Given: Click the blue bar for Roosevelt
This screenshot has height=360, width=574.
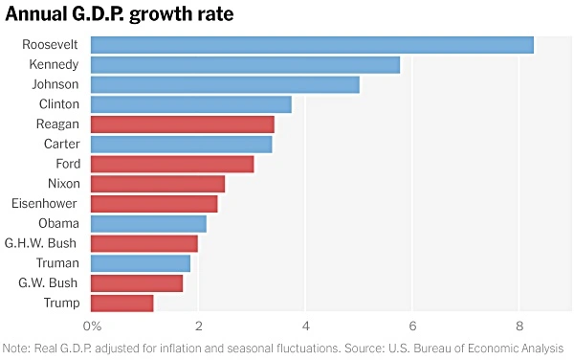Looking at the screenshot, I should coord(312,45).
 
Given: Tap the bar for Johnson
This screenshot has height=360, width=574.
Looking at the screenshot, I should coord(225,84).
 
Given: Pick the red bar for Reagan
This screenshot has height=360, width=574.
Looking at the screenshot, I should coord(183,124).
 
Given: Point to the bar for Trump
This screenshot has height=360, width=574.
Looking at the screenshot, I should coord(121,304).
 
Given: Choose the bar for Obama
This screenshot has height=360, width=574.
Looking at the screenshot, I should coord(148,223).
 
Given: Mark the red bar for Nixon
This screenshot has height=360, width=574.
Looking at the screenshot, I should coord(158,183).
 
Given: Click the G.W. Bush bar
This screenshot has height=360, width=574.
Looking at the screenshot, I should coord(137,283).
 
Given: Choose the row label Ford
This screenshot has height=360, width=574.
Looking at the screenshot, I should coord(67,164).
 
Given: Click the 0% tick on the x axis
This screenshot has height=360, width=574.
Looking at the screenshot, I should coord(94,327).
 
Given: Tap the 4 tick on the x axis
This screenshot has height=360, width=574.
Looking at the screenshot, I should coord(305,327).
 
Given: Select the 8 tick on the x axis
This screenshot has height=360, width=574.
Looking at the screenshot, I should coord(519,327).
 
